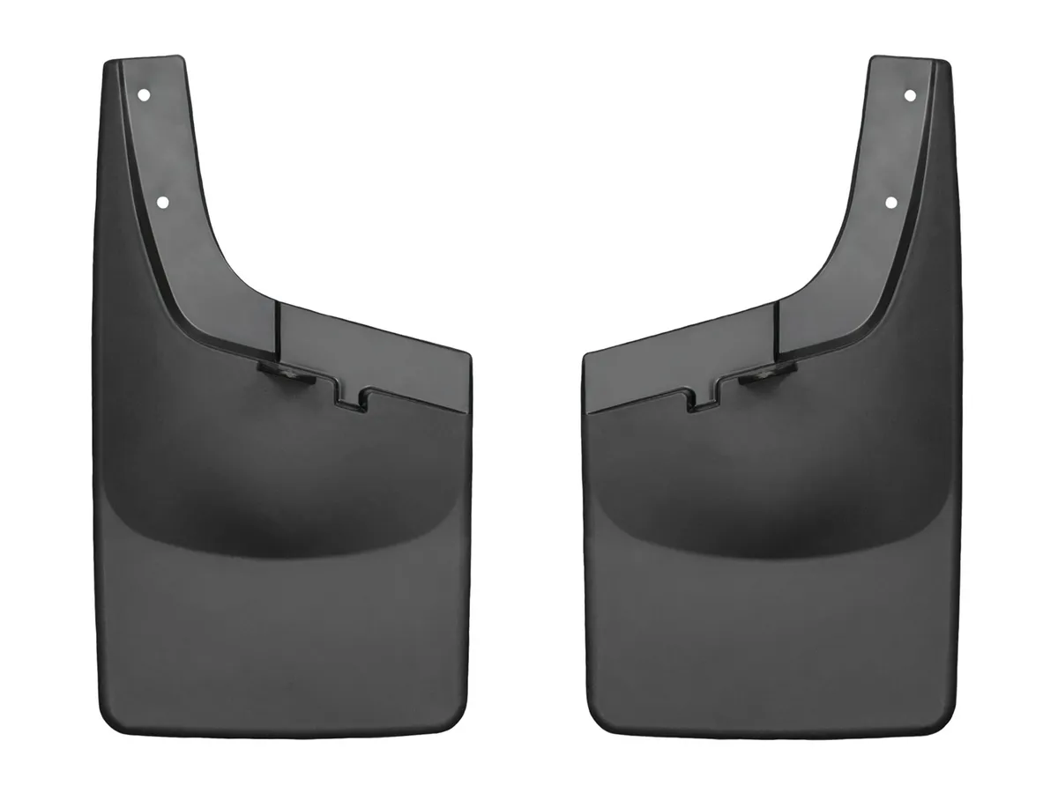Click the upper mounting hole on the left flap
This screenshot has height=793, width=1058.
[144, 94]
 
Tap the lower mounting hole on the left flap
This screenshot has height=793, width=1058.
[163, 202]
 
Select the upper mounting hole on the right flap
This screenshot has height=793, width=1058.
[910, 94]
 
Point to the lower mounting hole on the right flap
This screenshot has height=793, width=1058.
[890, 202]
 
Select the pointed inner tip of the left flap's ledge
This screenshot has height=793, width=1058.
[466, 357]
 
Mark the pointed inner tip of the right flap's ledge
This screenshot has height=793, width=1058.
[587, 357]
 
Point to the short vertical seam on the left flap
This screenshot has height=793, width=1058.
[277, 330]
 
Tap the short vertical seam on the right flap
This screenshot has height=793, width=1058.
[777, 330]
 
